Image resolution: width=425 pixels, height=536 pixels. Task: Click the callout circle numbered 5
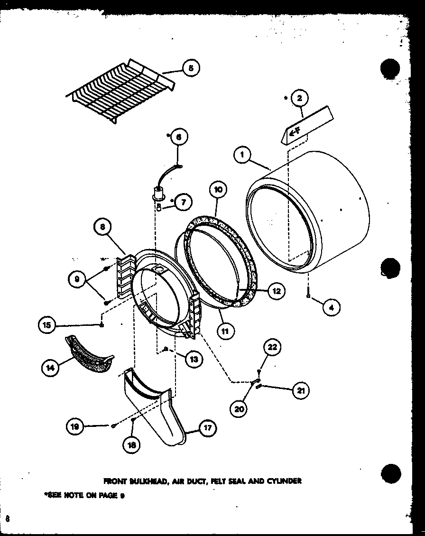190,68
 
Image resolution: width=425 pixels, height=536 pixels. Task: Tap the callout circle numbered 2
299,98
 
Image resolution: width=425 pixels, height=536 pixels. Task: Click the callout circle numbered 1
242,155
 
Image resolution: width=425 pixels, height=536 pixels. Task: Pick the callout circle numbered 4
331,307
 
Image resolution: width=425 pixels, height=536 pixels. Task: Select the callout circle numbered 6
178,137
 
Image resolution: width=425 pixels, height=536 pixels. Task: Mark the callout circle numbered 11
225,331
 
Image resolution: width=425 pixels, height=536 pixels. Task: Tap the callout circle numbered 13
194,359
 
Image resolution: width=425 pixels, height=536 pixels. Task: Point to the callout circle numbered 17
207,428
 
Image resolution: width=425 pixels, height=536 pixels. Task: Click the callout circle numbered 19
75,427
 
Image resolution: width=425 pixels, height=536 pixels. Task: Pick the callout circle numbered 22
272,347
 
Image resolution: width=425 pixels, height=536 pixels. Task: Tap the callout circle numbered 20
240,408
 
